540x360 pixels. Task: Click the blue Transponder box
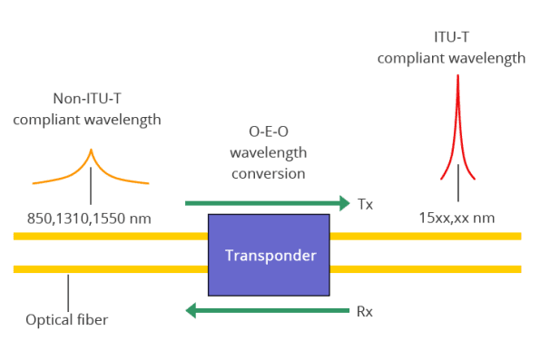click(x=268, y=277)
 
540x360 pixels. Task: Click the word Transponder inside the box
click(x=268, y=255)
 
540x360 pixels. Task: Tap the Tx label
click(x=366, y=204)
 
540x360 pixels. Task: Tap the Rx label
click(x=365, y=311)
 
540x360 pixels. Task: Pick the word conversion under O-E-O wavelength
click(x=268, y=173)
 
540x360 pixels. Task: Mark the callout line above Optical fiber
click(x=69, y=292)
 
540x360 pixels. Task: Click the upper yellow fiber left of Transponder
click(x=109, y=237)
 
